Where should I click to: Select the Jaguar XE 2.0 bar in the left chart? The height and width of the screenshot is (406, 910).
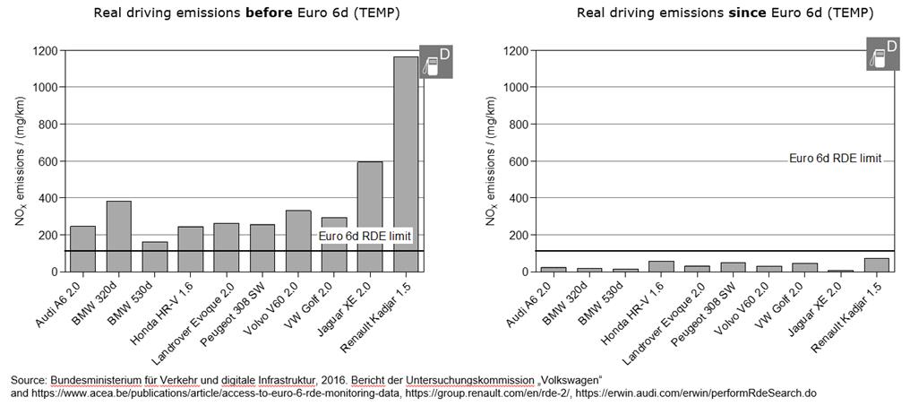pos(370,216)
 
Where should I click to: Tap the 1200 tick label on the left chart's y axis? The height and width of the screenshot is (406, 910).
pos(43,50)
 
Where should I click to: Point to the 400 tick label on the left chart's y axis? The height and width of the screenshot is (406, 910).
pos(47,198)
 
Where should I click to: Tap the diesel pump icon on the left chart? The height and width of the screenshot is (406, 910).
pos(435,62)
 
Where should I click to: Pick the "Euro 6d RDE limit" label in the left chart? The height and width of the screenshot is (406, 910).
pos(365,236)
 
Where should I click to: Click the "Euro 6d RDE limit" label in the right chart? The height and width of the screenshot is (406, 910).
pos(835,159)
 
